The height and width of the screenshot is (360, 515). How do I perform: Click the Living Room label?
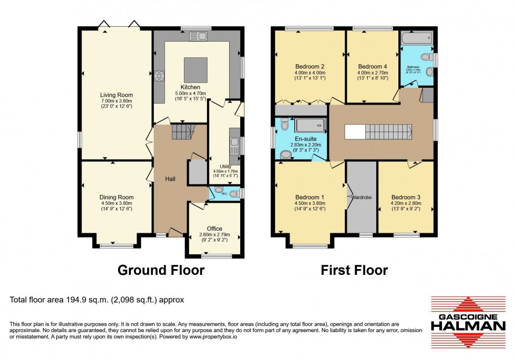pos(117,95)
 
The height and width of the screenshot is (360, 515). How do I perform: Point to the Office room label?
pos(214,228)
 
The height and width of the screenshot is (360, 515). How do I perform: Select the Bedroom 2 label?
pos(309,66)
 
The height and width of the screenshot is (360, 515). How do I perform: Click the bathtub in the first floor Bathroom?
pos(416,38)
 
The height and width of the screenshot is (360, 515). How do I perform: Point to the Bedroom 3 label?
pos(406,197)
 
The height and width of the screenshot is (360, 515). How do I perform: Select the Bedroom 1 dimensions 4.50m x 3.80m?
pos(309,203)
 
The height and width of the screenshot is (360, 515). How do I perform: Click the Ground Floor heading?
pos(160,270)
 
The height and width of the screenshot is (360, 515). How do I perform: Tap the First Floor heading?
pos(354,270)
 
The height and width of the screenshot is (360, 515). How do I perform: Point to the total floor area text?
pos(97,300)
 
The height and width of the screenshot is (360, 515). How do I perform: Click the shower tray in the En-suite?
pos(310,126)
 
